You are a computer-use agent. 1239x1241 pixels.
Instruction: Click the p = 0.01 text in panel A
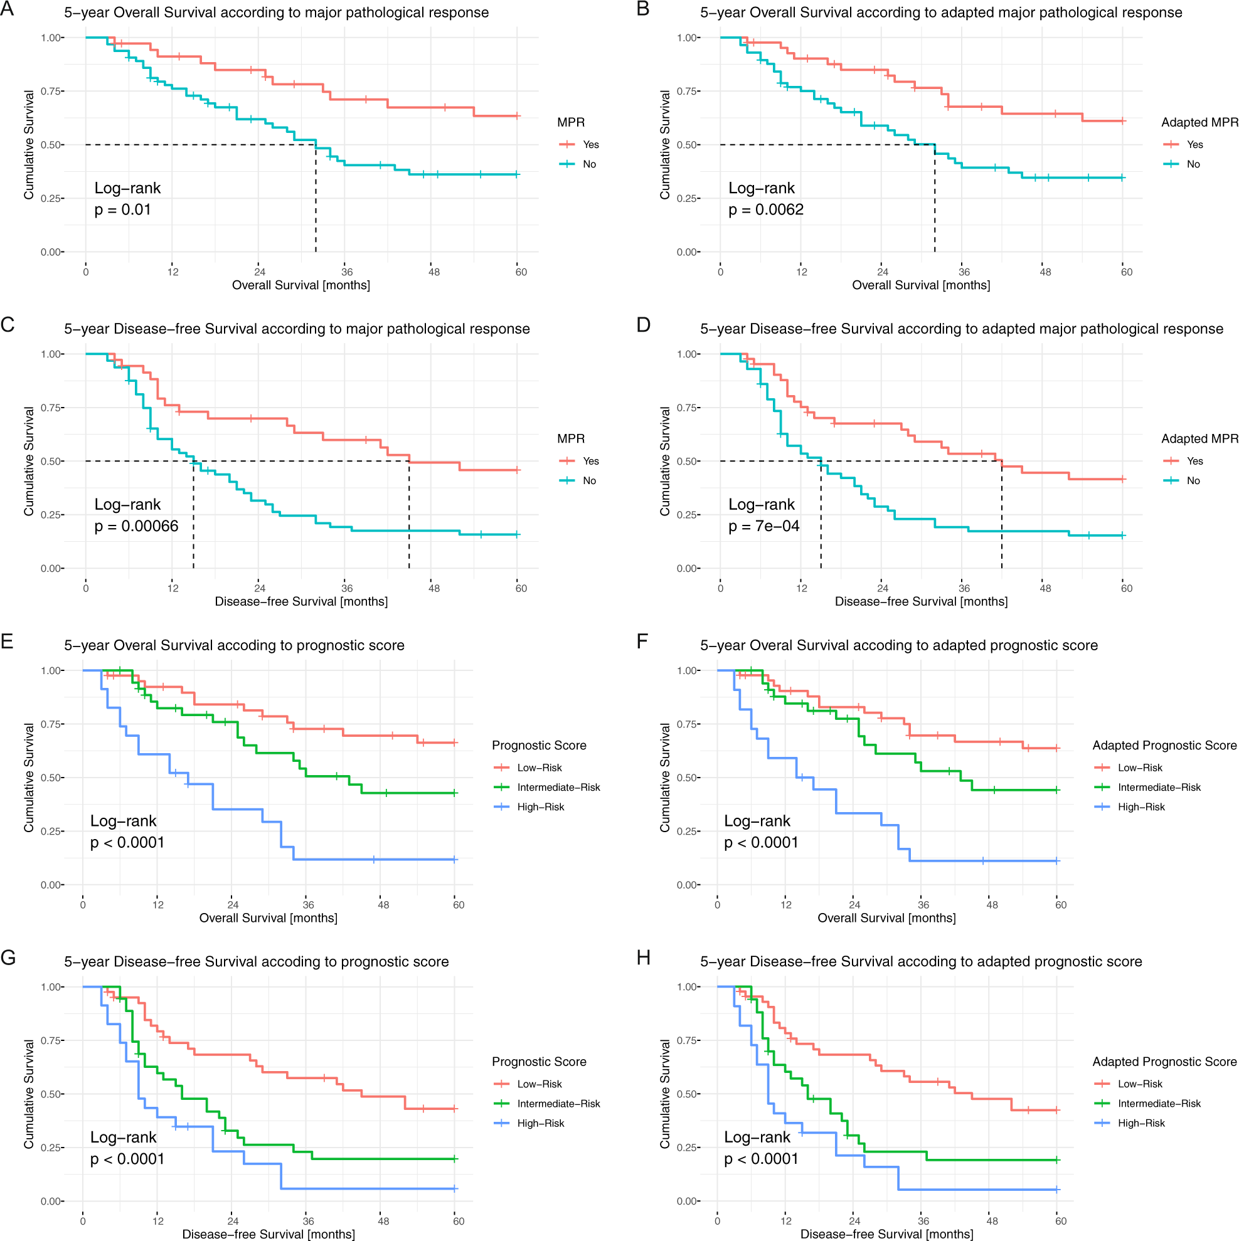[122, 210]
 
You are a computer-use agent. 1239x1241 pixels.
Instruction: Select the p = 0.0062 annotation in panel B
[765, 210]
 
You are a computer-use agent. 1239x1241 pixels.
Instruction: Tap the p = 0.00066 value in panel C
[136, 527]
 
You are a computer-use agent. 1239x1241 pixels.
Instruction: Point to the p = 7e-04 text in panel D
[763, 527]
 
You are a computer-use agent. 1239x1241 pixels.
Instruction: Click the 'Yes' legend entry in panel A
[590, 144]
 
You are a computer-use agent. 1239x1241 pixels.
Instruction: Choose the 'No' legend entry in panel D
[1193, 481]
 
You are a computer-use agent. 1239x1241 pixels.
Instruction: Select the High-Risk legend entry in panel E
[541, 808]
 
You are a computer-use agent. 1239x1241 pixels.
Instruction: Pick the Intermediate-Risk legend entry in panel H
[1159, 1104]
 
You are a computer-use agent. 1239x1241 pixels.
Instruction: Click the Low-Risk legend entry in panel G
[539, 1084]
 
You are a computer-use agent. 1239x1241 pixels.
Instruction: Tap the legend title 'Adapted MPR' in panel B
[1199, 122]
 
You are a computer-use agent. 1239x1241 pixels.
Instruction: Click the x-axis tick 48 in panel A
[434, 272]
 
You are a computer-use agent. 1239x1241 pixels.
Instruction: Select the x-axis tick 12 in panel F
[786, 905]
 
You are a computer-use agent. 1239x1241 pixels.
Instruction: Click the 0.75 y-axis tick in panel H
[688, 1040]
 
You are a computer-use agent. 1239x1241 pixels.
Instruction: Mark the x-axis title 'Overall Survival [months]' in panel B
[921, 285]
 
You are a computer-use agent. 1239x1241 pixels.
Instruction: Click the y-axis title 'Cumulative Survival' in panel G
[29, 1094]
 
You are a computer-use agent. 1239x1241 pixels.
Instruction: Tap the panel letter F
[642, 642]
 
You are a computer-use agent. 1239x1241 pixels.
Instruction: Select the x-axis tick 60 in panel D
[1127, 588]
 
